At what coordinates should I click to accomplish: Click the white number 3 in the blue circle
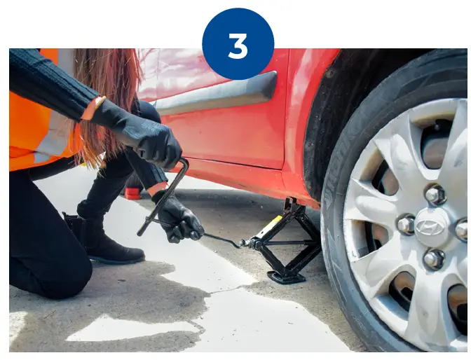point(238,46)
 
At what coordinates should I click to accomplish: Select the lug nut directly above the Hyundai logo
point(435,195)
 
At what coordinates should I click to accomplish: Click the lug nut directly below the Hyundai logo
point(434,259)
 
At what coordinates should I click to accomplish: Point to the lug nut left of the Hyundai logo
point(406,224)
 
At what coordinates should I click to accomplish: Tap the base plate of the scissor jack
point(286,277)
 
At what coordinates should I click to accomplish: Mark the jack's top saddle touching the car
point(291,204)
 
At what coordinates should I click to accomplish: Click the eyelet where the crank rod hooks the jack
point(244,243)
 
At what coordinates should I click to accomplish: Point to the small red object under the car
point(132,193)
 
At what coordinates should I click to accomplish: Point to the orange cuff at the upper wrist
point(93,108)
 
